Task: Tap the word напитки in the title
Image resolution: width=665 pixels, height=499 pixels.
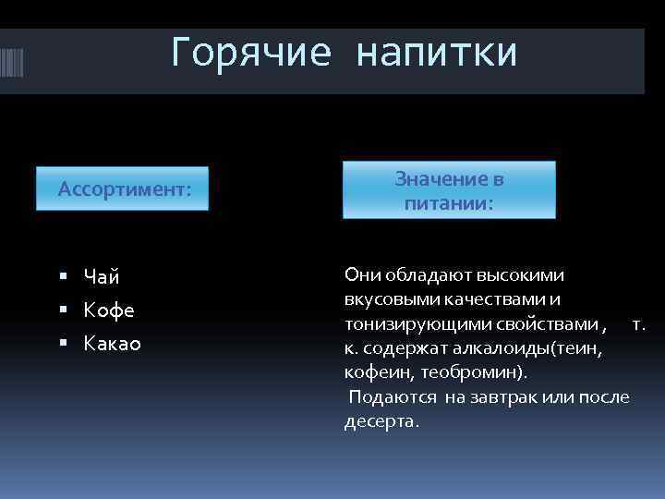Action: (437, 53)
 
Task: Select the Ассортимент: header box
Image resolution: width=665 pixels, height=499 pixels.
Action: (124, 189)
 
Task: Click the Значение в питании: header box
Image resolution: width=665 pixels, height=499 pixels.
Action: (449, 190)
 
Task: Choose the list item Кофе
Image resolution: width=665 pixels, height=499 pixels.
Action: (109, 310)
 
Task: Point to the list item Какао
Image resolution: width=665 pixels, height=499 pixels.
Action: (113, 343)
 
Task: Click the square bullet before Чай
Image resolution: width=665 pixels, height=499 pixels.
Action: (62, 275)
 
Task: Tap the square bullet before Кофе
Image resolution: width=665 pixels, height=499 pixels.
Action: (62, 309)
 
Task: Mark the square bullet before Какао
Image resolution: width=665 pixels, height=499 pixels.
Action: (62, 342)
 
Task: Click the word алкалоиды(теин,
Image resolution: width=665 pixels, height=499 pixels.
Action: (534, 348)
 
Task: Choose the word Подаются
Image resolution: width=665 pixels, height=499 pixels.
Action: (393, 397)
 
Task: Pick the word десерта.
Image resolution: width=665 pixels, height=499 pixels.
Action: (381, 421)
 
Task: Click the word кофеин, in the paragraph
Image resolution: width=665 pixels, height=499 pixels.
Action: (380, 372)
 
